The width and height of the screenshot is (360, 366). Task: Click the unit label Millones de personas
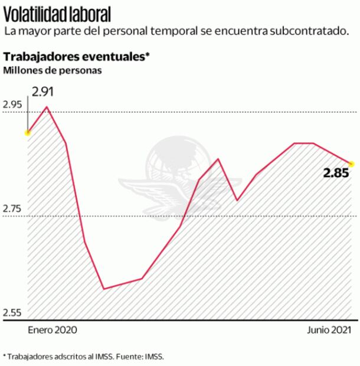point(53,71)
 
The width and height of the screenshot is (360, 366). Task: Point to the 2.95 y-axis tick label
point(14,105)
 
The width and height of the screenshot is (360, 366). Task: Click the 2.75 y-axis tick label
point(14,210)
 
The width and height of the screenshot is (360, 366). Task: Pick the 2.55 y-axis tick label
point(14,312)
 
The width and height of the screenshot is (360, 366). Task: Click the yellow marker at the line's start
point(27,133)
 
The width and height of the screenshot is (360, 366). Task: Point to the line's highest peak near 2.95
point(46,107)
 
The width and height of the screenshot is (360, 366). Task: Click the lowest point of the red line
point(104,289)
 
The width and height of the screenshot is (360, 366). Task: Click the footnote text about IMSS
point(83,357)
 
